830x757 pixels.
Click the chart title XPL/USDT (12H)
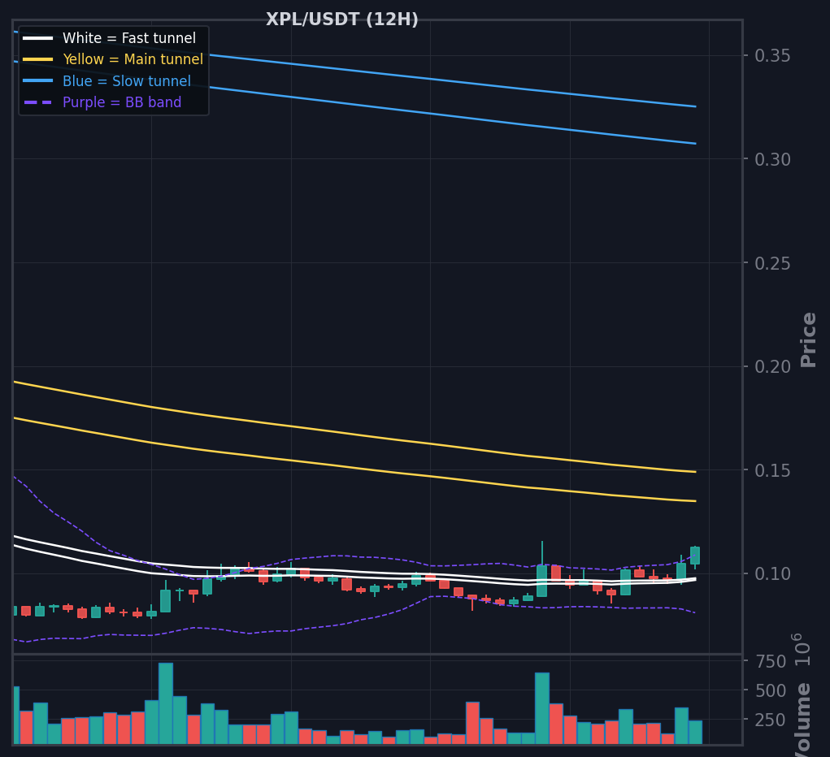pyautogui.click(x=342, y=19)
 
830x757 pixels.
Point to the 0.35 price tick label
pyautogui.click(x=772, y=55)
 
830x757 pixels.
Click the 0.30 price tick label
pyautogui.click(x=772, y=159)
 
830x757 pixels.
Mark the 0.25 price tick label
pyautogui.click(x=772, y=263)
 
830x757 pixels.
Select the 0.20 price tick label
pyautogui.click(x=772, y=366)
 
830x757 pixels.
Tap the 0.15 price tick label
pyautogui.click(x=772, y=470)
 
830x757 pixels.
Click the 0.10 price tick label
pyautogui.click(x=772, y=574)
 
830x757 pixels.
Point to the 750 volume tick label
pyautogui.click(x=770, y=661)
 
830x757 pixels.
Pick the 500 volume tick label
pyautogui.click(x=770, y=690)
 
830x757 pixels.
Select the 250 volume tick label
pyautogui.click(x=770, y=720)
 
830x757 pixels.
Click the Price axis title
pyautogui.click(x=808, y=340)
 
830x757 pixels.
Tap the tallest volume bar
pyautogui.click(x=166, y=703)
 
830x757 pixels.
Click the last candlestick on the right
pyautogui.click(x=695, y=557)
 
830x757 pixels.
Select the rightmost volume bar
pyautogui.click(x=695, y=732)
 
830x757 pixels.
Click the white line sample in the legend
pyautogui.click(x=38, y=38)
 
